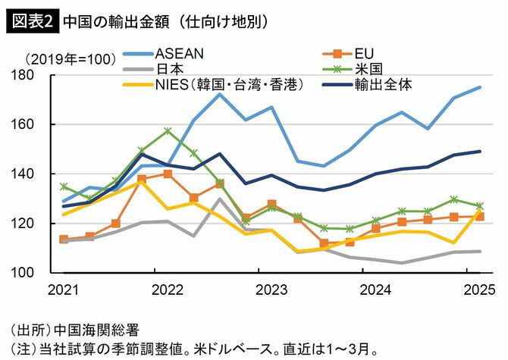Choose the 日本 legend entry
169,68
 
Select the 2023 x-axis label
271,290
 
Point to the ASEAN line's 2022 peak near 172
219,93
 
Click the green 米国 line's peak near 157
168,130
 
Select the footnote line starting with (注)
193,349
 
